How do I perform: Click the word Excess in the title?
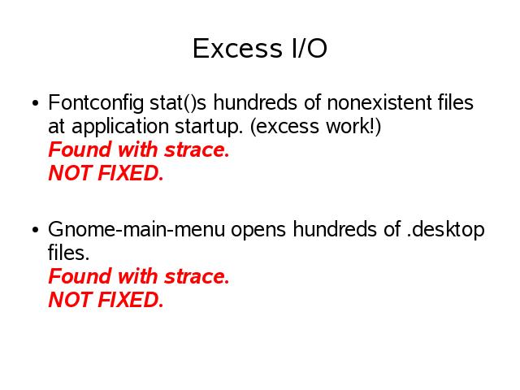coord(237,49)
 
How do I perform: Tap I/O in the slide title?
coord(310,49)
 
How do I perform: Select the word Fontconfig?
coord(96,103)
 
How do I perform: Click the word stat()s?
coord(178,102)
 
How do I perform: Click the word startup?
coord(209,128)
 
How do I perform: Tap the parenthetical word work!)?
coord(353,127)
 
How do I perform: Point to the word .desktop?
coord(445,230)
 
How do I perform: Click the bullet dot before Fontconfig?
coord(36,103)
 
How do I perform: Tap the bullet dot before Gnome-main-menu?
coord(36,229)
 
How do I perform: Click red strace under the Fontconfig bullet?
coord(197,149)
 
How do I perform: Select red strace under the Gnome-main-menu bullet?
coord(197,276)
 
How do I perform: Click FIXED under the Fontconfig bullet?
coord(131,173)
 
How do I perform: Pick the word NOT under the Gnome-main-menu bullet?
coord(71,300)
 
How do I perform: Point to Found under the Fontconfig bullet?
coord(80,149)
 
